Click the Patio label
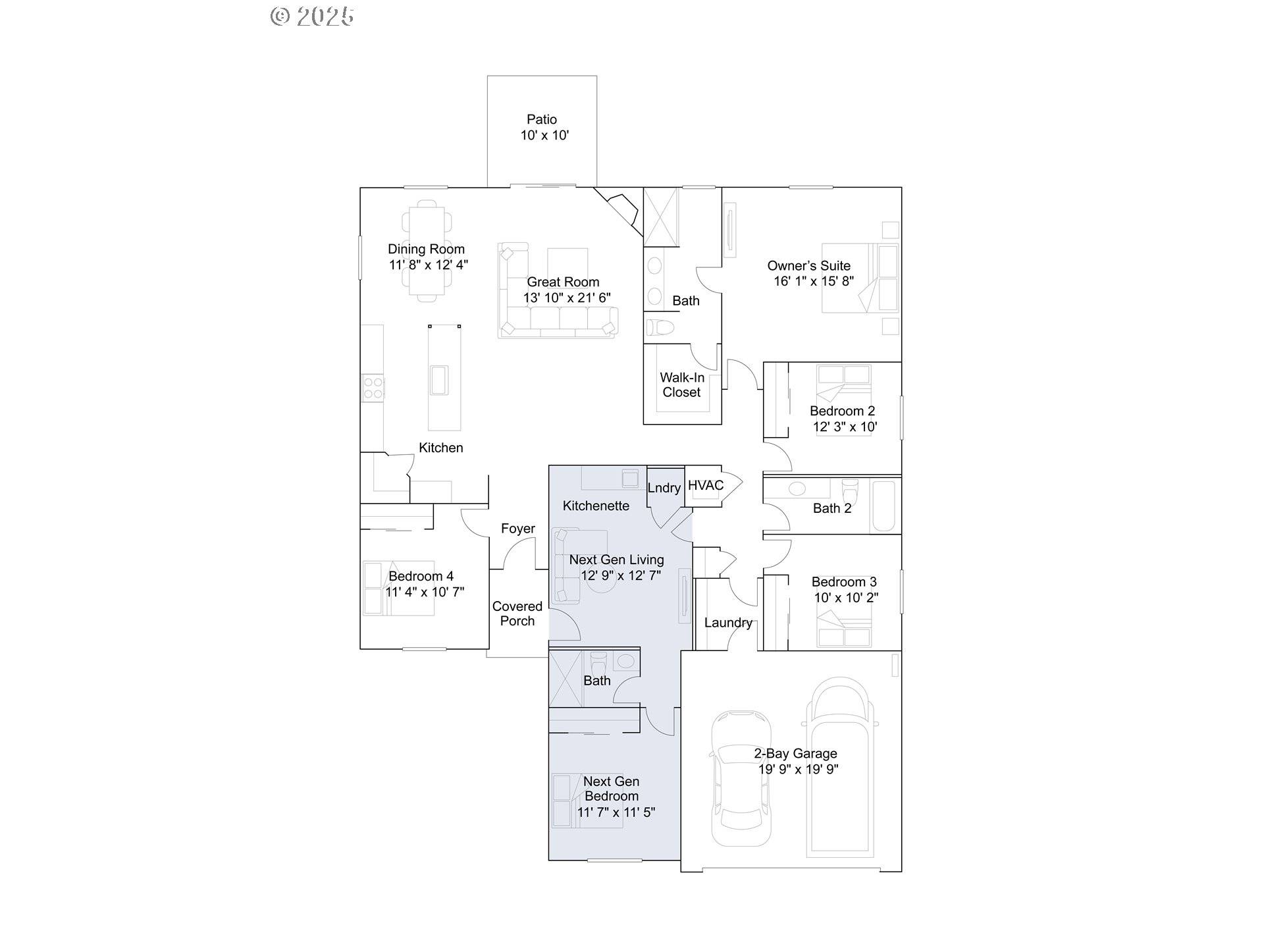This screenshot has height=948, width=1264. coord(542,120)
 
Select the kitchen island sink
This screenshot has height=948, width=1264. coord(438,380)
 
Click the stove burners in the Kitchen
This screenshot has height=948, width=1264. coord(373,388)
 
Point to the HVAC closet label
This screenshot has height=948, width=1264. coord(705,486)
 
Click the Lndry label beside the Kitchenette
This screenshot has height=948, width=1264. coord(664,488)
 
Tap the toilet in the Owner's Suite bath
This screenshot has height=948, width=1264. coord(660,327)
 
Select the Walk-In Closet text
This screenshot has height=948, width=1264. coord(682,385)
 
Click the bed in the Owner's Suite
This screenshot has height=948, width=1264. coord(859,278)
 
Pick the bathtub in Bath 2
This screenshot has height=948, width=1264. coord(883,506)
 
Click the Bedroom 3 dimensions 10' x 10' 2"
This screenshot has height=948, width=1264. coord(846,598)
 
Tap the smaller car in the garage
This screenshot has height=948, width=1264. coord(741,778)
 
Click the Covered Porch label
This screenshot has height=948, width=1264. coord(517,614)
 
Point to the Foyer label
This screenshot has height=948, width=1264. coord(518,529)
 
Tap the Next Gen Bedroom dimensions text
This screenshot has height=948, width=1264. coord(616,812)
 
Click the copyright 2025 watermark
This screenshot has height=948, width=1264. coord(313,16)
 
